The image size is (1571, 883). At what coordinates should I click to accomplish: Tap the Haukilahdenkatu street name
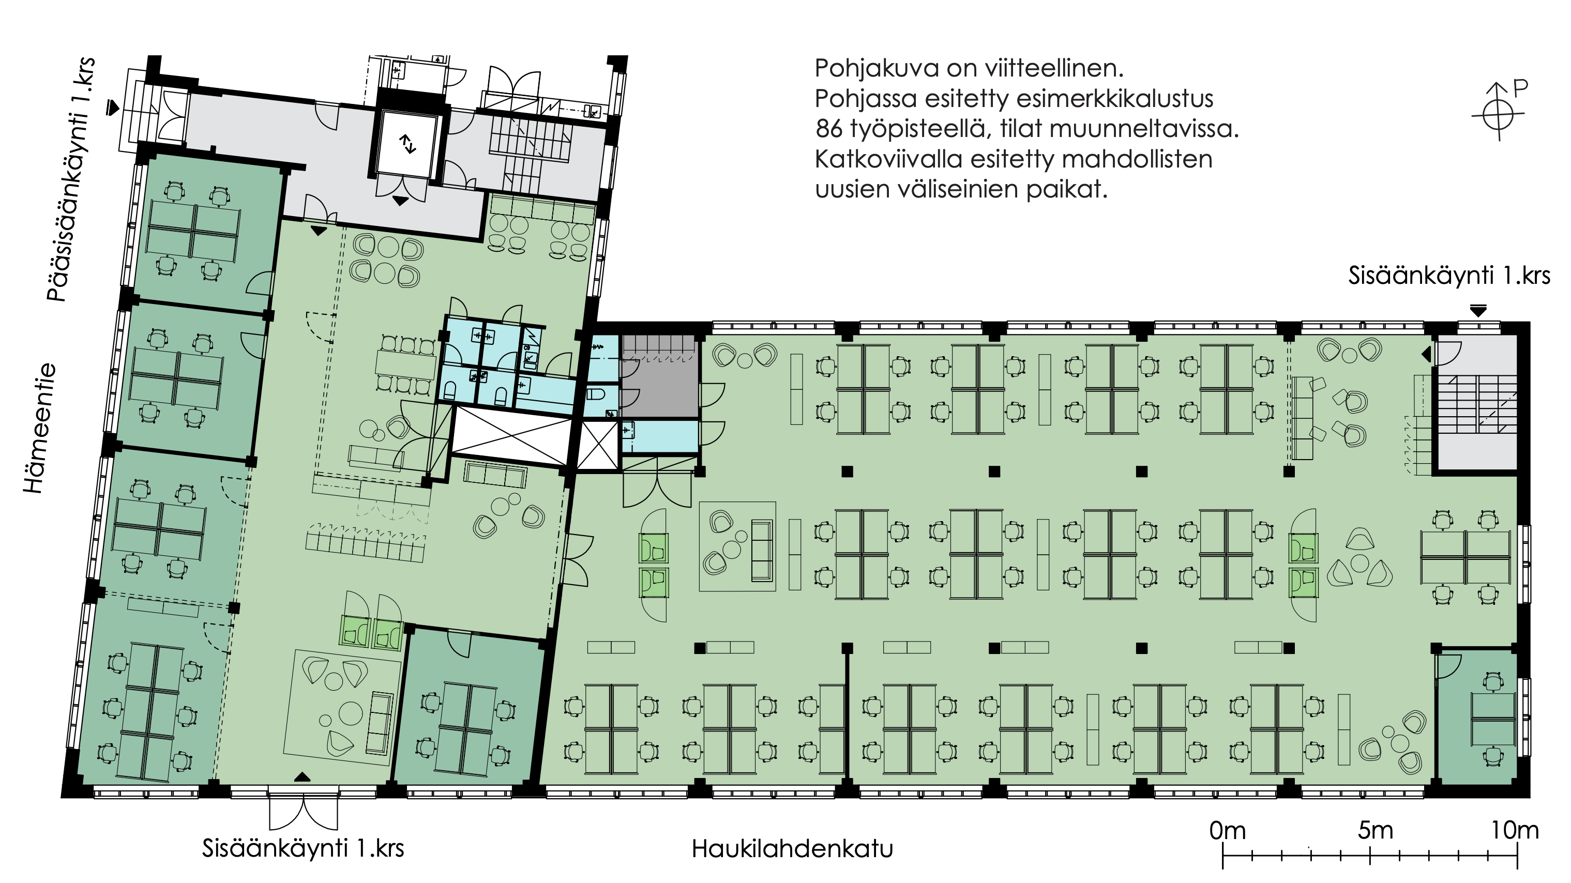point(792,849)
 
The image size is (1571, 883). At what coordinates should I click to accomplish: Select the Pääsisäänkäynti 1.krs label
point(71,179)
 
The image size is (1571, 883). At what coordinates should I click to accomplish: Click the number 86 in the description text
point(829,129)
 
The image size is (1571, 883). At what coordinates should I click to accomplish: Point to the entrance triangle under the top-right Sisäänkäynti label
point(1478,310)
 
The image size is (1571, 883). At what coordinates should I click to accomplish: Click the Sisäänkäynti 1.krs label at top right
point(1448,276)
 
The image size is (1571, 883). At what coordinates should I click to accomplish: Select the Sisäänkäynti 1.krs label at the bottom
point(303,848)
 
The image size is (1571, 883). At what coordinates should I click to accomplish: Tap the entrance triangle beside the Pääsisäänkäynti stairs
point(112,108)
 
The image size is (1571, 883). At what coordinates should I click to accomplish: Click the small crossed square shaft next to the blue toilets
point(598,446)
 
